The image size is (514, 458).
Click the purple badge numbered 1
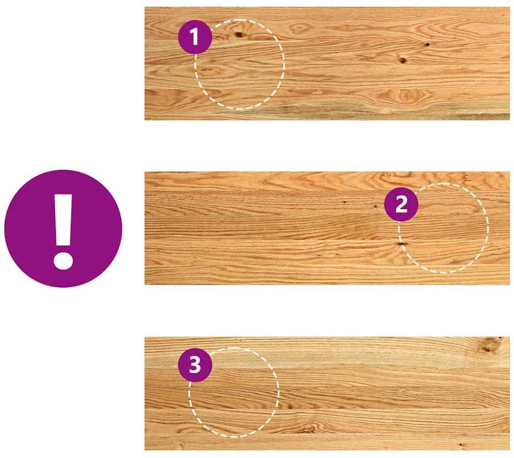[195, 37]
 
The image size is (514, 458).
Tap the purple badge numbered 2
[401, 204]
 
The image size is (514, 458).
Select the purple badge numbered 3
[195, 365]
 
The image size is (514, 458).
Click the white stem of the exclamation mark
[63, 220]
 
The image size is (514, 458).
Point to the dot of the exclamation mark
[63, 261]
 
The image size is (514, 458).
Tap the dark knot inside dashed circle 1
[238, 34]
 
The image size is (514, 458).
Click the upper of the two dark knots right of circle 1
[427, 44]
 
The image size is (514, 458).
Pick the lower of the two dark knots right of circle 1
[403, 60]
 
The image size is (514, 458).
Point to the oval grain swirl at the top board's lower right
[404, 96]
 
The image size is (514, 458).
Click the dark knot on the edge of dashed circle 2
[401, 244]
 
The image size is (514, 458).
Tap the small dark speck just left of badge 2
[376, 207]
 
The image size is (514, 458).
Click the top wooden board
[327, 64]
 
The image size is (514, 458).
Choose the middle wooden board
[327, 228]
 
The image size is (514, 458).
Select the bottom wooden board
[327, 393]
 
